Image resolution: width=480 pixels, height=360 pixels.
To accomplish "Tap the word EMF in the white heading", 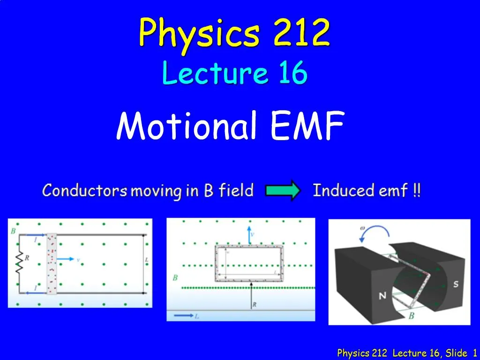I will (x=307, y=125).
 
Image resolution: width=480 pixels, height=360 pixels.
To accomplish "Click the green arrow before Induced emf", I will (x=282, y=191).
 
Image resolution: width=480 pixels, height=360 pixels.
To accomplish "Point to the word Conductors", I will (x=85, y=191).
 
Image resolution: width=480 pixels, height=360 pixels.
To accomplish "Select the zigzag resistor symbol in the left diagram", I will (x=20, y=263).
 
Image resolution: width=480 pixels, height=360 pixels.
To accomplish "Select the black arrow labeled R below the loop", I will (x=252, y=296).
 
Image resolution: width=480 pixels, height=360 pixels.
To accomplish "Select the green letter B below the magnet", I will (x=411, y=316).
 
